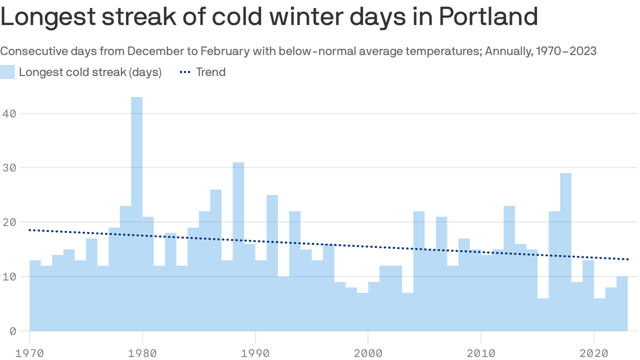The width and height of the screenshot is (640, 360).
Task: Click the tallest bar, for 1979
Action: (137, 211)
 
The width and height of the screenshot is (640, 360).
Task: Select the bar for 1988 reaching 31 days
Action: (238, 244)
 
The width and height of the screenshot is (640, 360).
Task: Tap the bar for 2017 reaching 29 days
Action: (566, 248)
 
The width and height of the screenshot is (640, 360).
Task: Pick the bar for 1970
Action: (35, 295)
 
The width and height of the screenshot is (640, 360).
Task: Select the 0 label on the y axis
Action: (12, 331)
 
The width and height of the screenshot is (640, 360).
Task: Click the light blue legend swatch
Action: (7, 72)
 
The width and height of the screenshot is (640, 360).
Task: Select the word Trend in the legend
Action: (211, 72)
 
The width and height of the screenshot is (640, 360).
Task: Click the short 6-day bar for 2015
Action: (543, 314)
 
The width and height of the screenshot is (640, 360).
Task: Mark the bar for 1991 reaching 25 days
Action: (272, 262)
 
